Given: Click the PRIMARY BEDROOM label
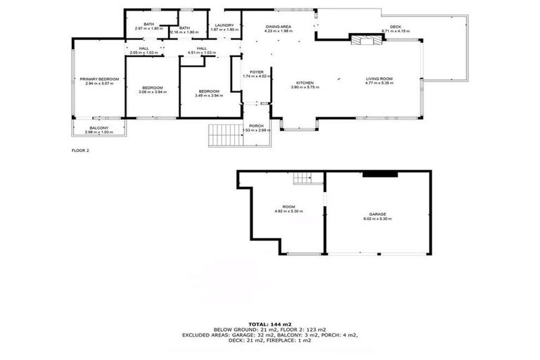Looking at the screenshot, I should click(x=98, y=79).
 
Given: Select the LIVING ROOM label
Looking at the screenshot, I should click(x=379, y=79).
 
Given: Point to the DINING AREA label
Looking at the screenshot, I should click(x=278, y=27).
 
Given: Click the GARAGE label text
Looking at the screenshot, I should click(x=378, y=214).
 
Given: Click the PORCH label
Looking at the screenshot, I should click(x=256, y=125).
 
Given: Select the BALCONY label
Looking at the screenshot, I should click(x=98, y=128).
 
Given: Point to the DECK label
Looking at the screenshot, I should click(x=394, y=27).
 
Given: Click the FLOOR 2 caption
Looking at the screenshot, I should click(x=81, y=150).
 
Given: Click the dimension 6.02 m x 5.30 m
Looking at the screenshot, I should click(x=378, y=219).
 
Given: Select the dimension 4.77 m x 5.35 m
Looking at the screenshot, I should click(x=379, y=84).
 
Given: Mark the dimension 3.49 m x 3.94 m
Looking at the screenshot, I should click(x=208, y=96).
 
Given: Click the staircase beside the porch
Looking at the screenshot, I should click(x=224, y=134).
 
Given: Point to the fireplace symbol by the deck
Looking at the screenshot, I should click(x=368, y=40).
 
